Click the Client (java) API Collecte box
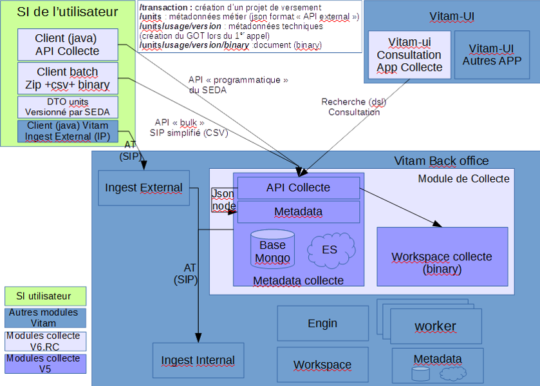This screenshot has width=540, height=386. coord(68,44)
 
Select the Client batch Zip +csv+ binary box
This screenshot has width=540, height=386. coord(68,78)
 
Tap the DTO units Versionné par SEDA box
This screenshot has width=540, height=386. coord(68,106)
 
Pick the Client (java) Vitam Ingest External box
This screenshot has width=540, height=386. coord(68,131)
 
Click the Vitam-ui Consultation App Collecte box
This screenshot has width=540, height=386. coord(409,55)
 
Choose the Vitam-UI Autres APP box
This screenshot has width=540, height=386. coord(492,55)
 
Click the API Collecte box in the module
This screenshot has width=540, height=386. coord(298,188)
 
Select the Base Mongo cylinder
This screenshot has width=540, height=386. coord(272,248)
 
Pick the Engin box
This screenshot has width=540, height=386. coord(322,323)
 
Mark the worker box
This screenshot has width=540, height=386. coord(435,326)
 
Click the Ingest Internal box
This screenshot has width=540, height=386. coord(198,360)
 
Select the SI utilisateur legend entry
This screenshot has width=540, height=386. coord(45,296)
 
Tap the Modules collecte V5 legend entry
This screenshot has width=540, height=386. coord(45,363)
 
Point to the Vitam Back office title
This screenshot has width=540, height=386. coord(441,161)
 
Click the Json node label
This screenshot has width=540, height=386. coord(223,200)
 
